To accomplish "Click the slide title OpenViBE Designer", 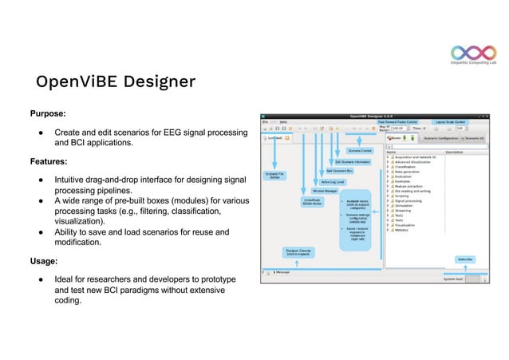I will click(115, 81).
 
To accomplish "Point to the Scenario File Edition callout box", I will click(274, 176).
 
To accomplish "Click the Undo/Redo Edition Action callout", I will click(312, 202).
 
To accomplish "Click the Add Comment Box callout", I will click(340, 171).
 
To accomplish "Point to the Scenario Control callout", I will click(360, 150).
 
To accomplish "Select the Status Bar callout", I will click(465, 259).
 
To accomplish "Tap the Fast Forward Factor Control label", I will click(397, 121).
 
